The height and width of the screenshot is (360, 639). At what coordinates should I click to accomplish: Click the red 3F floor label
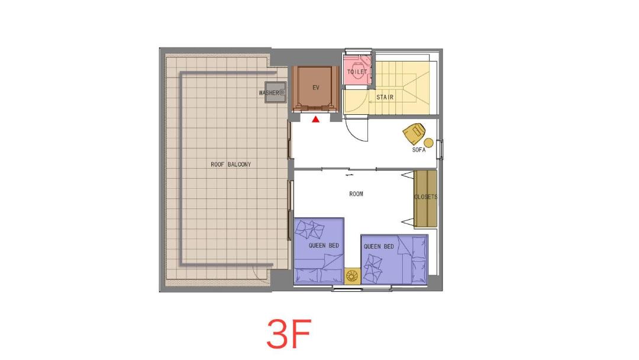pyautogui.click(x=289, y=334)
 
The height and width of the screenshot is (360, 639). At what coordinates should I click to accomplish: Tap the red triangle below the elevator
pyautogui.click(x=315, y=120)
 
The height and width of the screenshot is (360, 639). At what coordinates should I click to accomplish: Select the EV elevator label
pyautogui.click(x=316, y=88)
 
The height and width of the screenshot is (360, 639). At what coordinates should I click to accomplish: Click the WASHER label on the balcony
pyautogui.click(x=269, y=93)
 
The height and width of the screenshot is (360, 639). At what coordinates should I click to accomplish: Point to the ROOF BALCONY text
pyautogui.click(x=231, y=164)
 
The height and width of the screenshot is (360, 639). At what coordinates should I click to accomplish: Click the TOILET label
pyautogui.click(x=357, y=72)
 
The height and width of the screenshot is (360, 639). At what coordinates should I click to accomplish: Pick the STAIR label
pyautogui.click(x=385, y=97)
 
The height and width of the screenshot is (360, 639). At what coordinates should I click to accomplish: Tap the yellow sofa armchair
pyautogui.click(x=414, y=133)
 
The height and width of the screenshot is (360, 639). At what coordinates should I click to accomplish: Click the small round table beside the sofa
pyautogui.click(x=429, y=143)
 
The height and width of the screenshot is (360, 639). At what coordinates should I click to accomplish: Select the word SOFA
pyautogui.click(x=418, y=150)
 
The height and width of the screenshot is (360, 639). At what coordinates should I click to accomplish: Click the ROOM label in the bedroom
pyautogui.click(x=356, y=194)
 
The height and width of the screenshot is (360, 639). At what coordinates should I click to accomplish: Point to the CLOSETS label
pyautogui.click(x=425, y=197)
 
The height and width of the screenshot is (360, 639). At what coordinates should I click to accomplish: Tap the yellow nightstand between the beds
pyautogui.click(x=352, y=276)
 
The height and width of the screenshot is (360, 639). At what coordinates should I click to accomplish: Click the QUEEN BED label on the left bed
pyautogui.click(x=324, y=246)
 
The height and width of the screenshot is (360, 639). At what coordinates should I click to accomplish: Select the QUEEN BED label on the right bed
pyautogui.click(x=379, y=246)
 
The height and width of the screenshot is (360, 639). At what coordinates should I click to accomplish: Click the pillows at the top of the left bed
pyautogui.click(x=309, y=229)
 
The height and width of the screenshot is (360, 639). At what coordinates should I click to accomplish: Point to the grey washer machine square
pyautogui.click(x=275, y=92)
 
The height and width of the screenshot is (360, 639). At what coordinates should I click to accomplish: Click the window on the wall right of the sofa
pyautogui.click(x=440, y=149)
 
